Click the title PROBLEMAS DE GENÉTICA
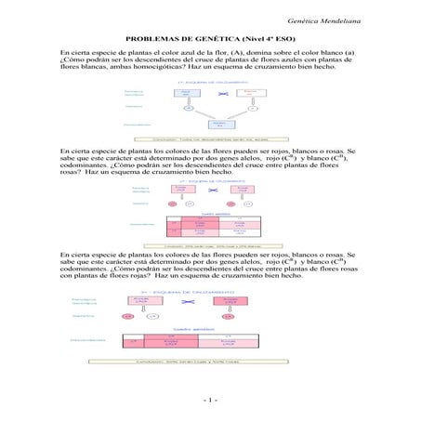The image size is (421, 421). [x=209, y=41]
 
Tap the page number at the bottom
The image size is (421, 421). [x=210, y=400]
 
